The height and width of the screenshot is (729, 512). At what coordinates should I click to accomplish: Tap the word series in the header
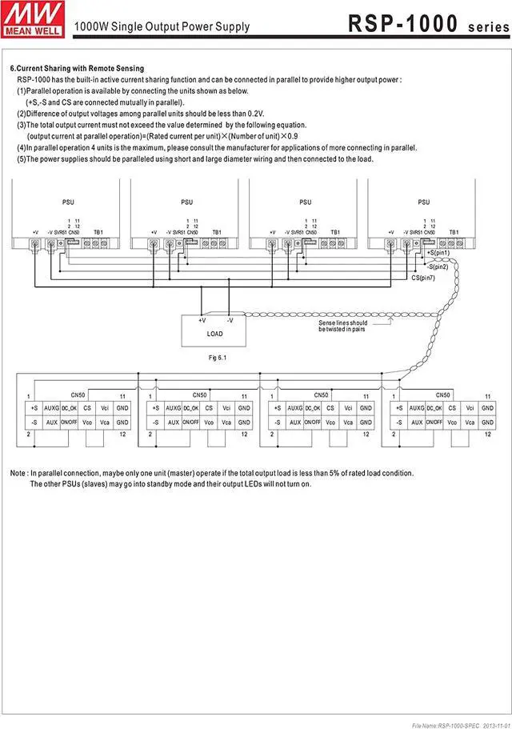tap(487, 26)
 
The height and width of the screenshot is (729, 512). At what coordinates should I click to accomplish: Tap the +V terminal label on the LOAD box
tap(202, 319)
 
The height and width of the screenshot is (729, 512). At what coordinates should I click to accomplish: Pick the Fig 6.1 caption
tap(217, 356)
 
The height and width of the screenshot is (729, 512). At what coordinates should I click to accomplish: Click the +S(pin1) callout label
tap(438, 253)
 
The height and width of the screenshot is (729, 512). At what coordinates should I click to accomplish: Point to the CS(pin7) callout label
tap(425, 277)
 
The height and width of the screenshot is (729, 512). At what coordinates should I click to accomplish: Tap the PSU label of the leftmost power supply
tap(67, 202)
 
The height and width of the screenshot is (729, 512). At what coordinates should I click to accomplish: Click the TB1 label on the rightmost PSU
tap(454, 232)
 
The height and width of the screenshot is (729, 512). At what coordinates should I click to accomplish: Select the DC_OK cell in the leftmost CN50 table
tap(70, 408)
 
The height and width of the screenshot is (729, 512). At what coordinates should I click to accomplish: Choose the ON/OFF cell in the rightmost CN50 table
tap(434, 422)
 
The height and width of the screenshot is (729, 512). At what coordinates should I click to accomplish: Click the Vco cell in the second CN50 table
tap(209, 422)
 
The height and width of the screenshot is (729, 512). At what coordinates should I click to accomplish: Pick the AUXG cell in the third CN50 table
tap(295, 408)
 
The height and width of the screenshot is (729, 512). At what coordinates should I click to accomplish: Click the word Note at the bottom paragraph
tap(18, 473)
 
